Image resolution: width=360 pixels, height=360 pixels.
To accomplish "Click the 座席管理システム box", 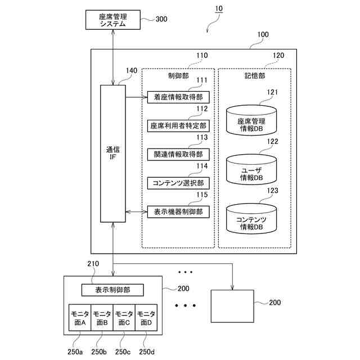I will click(x=112, y=20).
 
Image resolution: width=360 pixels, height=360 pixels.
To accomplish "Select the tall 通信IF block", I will click(x=112, y=154).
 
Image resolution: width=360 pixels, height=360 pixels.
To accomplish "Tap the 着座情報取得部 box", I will click(x=178, y=97).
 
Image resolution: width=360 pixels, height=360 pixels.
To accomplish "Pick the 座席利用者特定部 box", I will click(x=178, y=125).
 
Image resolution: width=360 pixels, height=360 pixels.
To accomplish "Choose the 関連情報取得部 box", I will click(x=178, y=154).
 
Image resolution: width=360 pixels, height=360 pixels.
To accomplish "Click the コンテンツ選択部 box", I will click(x=178, y=183).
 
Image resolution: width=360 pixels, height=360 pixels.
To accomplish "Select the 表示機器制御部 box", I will click(x=178, y=211).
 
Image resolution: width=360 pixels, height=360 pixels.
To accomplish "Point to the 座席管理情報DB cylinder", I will click(x=251, y=120).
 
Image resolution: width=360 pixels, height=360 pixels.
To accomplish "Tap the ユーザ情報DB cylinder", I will click(x=251, y=171).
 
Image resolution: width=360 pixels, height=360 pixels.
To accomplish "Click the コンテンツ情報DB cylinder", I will click(x=251, y=222).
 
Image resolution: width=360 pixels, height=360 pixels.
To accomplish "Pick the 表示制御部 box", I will click(x=112, y=290).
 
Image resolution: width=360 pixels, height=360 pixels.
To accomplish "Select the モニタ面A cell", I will click(x=79, y=318).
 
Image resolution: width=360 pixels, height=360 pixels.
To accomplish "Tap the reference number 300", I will click(x=161, y=19).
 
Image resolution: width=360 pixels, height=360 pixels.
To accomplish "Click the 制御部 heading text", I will click(x=178, y=75).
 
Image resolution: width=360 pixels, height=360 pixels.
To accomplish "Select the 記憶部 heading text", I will click(x=255, y=75).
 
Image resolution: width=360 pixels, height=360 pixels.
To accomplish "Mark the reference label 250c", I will click(x=123, y=352).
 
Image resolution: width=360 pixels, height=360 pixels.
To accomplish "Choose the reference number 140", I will click(x=131, y=71).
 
